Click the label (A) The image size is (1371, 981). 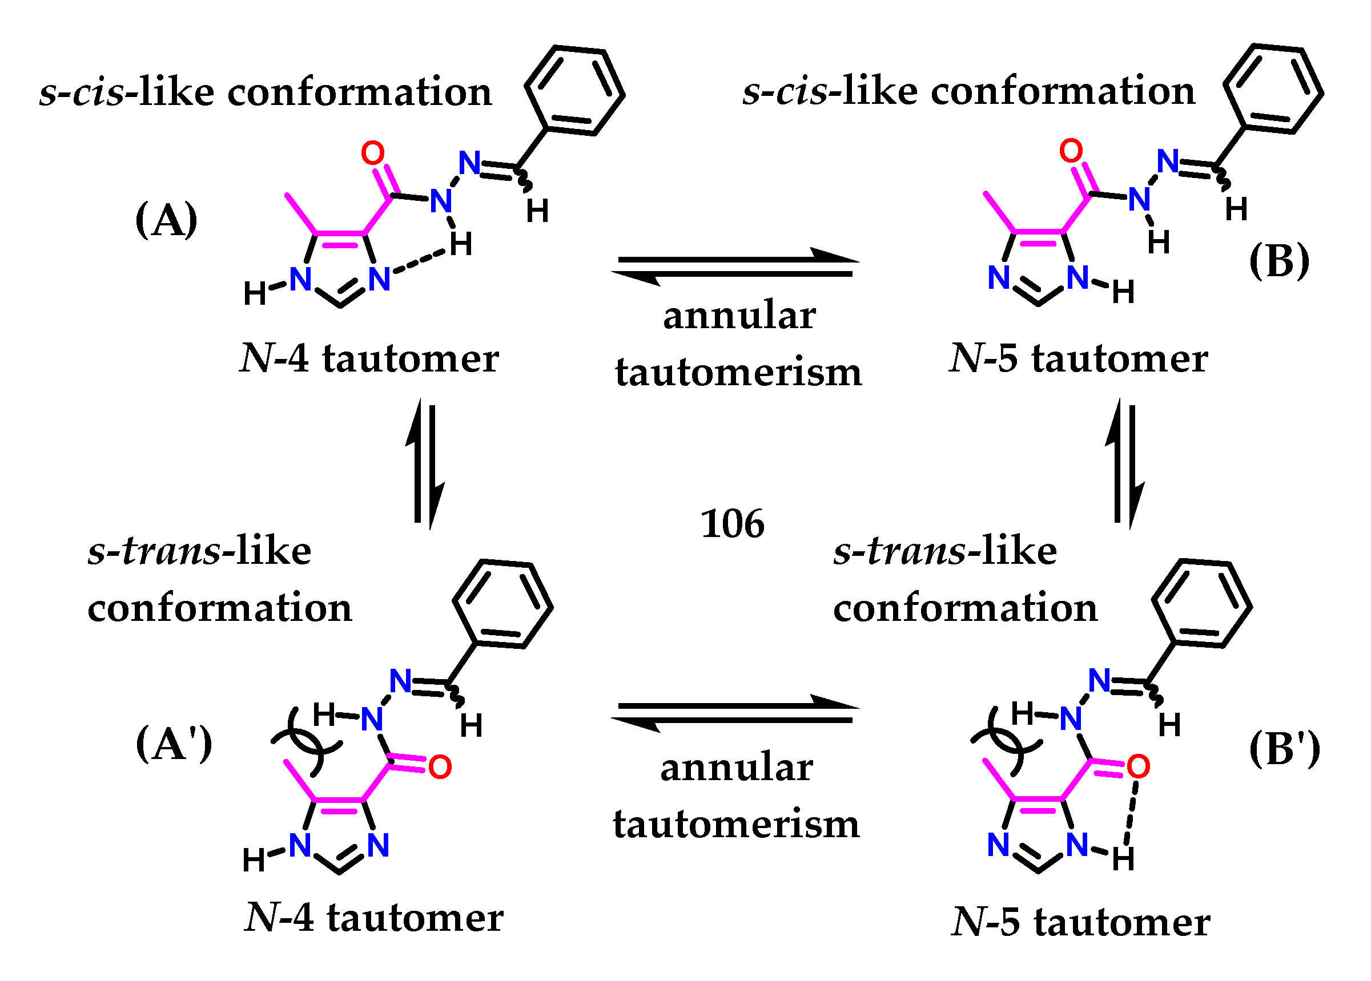tap(166, 220)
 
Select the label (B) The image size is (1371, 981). tap(1278, 261)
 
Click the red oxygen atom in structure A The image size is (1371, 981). tap(372, 153)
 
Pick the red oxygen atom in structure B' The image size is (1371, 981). tap(1138, 766)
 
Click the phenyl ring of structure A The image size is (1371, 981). tap(574, 91)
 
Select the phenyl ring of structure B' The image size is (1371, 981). tap(1201, 604)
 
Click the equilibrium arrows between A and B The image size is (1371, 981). tap(735, 267)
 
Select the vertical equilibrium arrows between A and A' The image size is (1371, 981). tap(425, 464)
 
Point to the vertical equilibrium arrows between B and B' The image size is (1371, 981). tap(1124, 464)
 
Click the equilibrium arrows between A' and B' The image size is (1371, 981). tap(735, 713)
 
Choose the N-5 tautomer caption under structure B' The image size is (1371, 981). tap(1080, 922)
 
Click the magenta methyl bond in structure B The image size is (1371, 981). tap(1000, 213)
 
